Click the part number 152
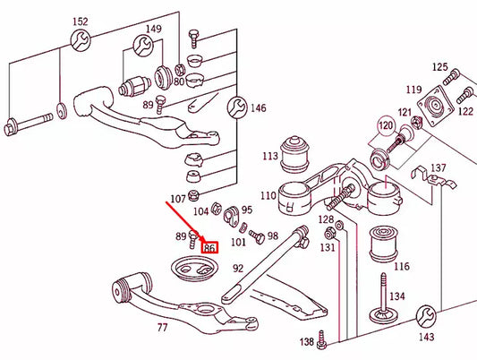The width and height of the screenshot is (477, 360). (x=81, y=21)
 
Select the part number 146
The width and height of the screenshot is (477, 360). (x=258, y=108)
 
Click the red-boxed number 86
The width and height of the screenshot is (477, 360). (x=211, y=247)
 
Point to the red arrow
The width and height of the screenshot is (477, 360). (x=185, y=223)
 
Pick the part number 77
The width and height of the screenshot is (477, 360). (x=162, y=327)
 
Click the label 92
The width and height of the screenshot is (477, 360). (x=238, y=266)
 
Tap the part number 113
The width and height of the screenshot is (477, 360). (x=269, y=156)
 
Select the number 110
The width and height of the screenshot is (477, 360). (x=268, y=195)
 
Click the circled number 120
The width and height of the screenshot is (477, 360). (x=385, y=125)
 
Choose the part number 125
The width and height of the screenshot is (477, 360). (x=439, y=67)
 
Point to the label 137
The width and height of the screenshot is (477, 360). (x=438, y=167)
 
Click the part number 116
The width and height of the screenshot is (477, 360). (x=401, y=267)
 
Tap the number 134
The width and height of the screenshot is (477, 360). (x=396, y=296)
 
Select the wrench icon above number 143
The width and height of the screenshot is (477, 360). (x=427, y=314)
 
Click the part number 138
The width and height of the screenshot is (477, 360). (x=307, y=342)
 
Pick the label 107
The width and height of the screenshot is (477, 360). (x=179, y=199)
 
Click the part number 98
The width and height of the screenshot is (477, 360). (x=272, y=236)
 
